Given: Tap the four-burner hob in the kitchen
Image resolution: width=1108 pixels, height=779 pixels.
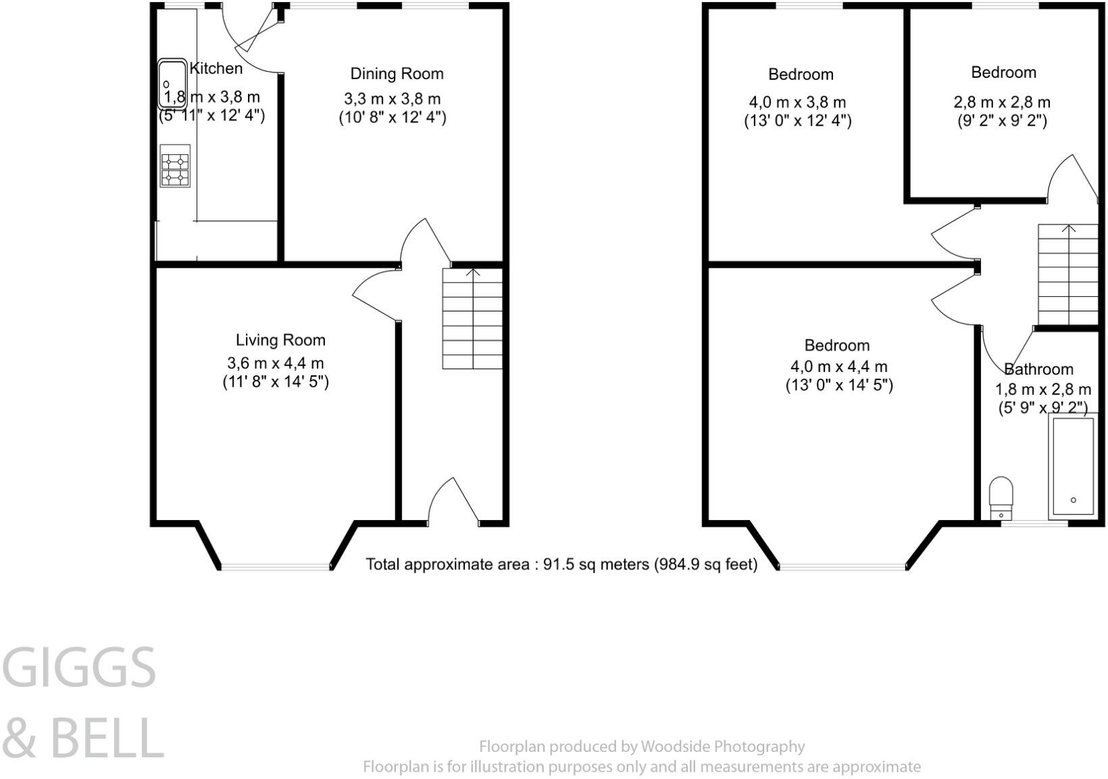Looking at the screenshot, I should [175, 166].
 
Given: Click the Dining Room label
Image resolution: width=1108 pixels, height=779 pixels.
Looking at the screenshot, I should [397, 74].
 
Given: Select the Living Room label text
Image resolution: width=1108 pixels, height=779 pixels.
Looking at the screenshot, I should [280, 340].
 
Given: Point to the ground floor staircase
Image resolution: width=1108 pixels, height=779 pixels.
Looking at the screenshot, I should [472, 318].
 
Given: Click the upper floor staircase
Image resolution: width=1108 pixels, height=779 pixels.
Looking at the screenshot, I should [1068, 276].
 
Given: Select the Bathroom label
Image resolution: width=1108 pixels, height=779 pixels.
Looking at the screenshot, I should [1038, 369].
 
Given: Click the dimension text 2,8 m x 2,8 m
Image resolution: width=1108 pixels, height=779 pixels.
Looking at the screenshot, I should [1002, 103].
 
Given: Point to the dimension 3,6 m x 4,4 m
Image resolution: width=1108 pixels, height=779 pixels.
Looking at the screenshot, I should [276, 363].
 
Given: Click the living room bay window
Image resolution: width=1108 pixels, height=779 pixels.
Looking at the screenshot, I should [276, 566].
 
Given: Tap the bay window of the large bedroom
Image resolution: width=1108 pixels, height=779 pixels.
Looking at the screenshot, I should [842, 566].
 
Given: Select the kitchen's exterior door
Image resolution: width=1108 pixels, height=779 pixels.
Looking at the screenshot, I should [253, 37].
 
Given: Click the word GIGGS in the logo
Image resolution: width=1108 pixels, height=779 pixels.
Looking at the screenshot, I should [80, 667].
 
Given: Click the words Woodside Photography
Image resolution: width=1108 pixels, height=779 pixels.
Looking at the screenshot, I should [722, 747].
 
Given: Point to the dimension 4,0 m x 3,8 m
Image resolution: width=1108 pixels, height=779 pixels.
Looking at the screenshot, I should [797, 103].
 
